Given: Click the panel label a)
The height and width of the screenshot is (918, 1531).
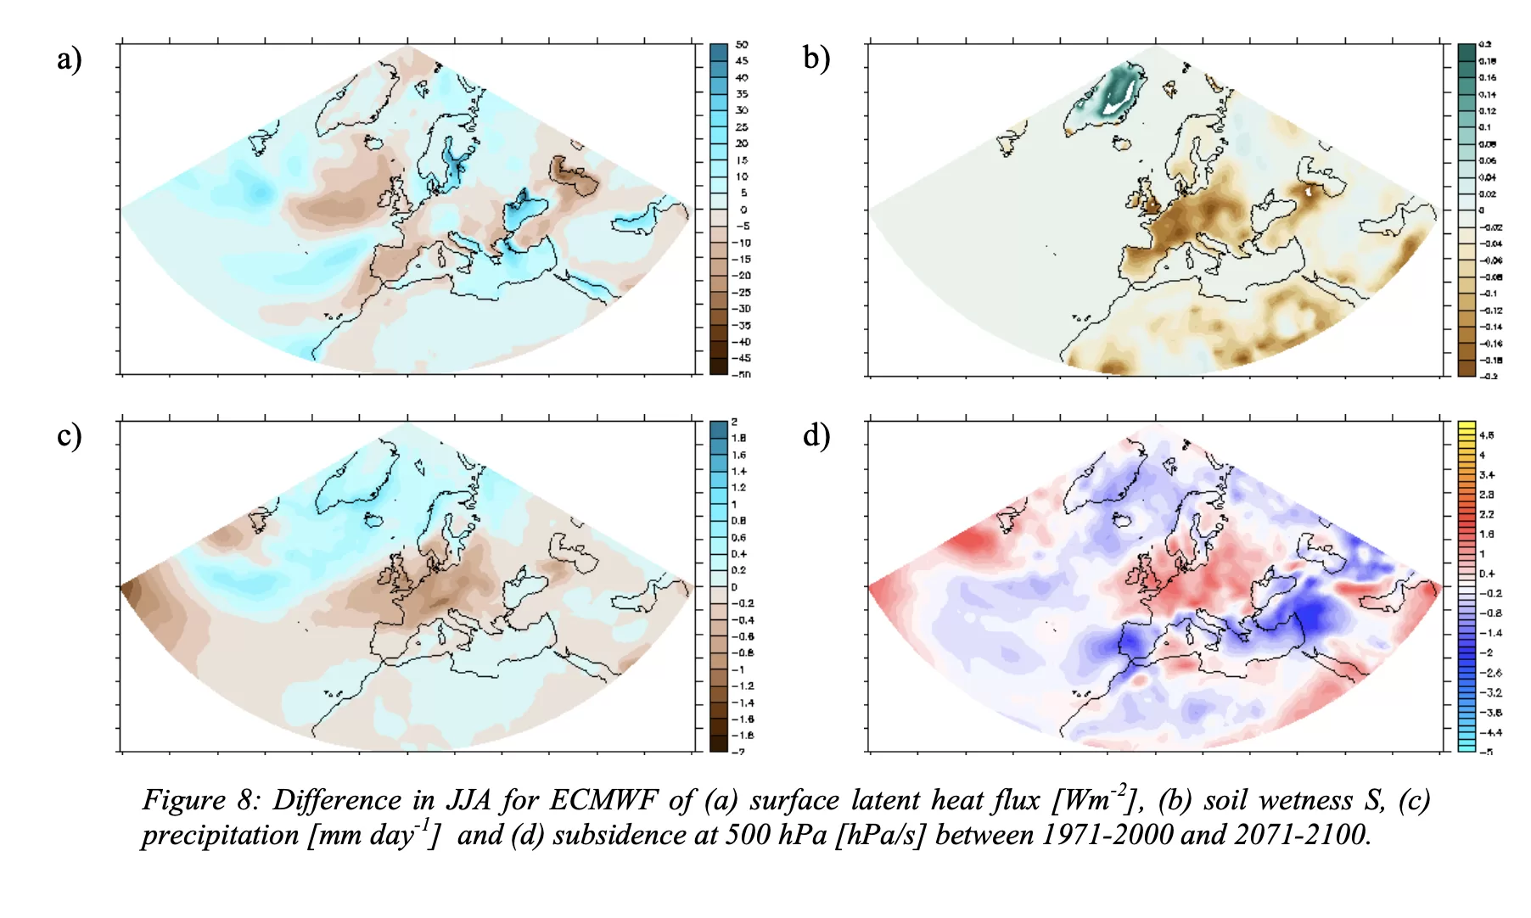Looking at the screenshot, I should pyautogui.click(x=69, y=59).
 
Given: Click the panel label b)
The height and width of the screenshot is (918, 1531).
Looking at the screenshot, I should pyautogui.click(x=816, y=58).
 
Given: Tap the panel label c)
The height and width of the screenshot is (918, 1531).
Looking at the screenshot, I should pyautogui.click(x=69, y=436).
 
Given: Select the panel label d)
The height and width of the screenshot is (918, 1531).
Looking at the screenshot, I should pyautogui.click(x=816, y=435).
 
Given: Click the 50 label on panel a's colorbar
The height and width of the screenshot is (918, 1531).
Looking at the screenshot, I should pyautogui.click(x=742, y=44).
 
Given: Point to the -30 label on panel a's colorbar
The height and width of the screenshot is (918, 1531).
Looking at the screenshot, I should pyautogui.click(x=742, y=309).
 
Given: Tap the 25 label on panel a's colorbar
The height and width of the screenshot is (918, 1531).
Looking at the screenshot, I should pyautogui.click(x=742, y=127).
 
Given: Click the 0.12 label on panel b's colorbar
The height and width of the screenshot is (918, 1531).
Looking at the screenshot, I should pyautogui.click(x=1488, y=111).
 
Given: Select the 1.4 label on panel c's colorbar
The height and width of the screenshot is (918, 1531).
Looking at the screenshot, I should pyautogui.click(x=739, y=472).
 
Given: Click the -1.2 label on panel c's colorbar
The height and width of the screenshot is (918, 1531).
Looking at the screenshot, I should pyautogui.click(x=742, y=686).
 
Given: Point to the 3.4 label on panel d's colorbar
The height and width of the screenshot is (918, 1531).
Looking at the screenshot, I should pyautogui.click(x=1487, y=475).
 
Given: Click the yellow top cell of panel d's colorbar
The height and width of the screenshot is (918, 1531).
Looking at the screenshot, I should pyautogui.click(x=1467, y=426).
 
